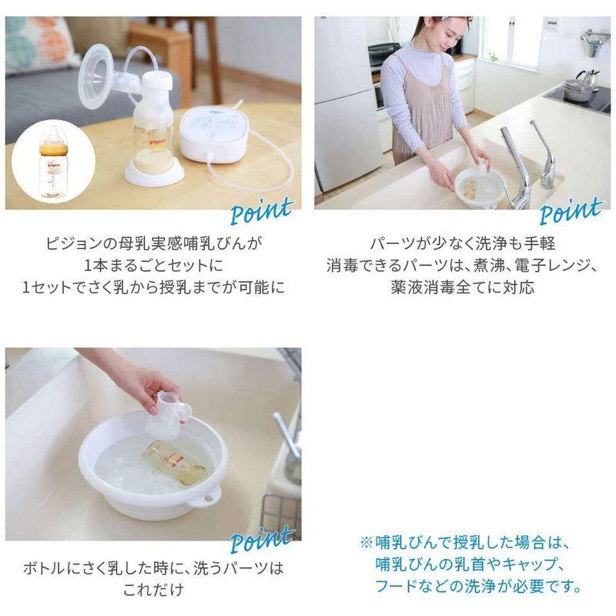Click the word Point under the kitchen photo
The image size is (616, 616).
pos(571,210)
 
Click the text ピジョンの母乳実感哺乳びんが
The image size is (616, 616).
pos(153,245)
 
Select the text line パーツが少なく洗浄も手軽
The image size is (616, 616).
pos(463,245)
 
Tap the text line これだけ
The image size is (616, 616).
pos(153,591)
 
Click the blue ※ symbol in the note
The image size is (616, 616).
pos(366,542)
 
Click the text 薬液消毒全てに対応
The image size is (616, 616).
pos(463,288)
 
